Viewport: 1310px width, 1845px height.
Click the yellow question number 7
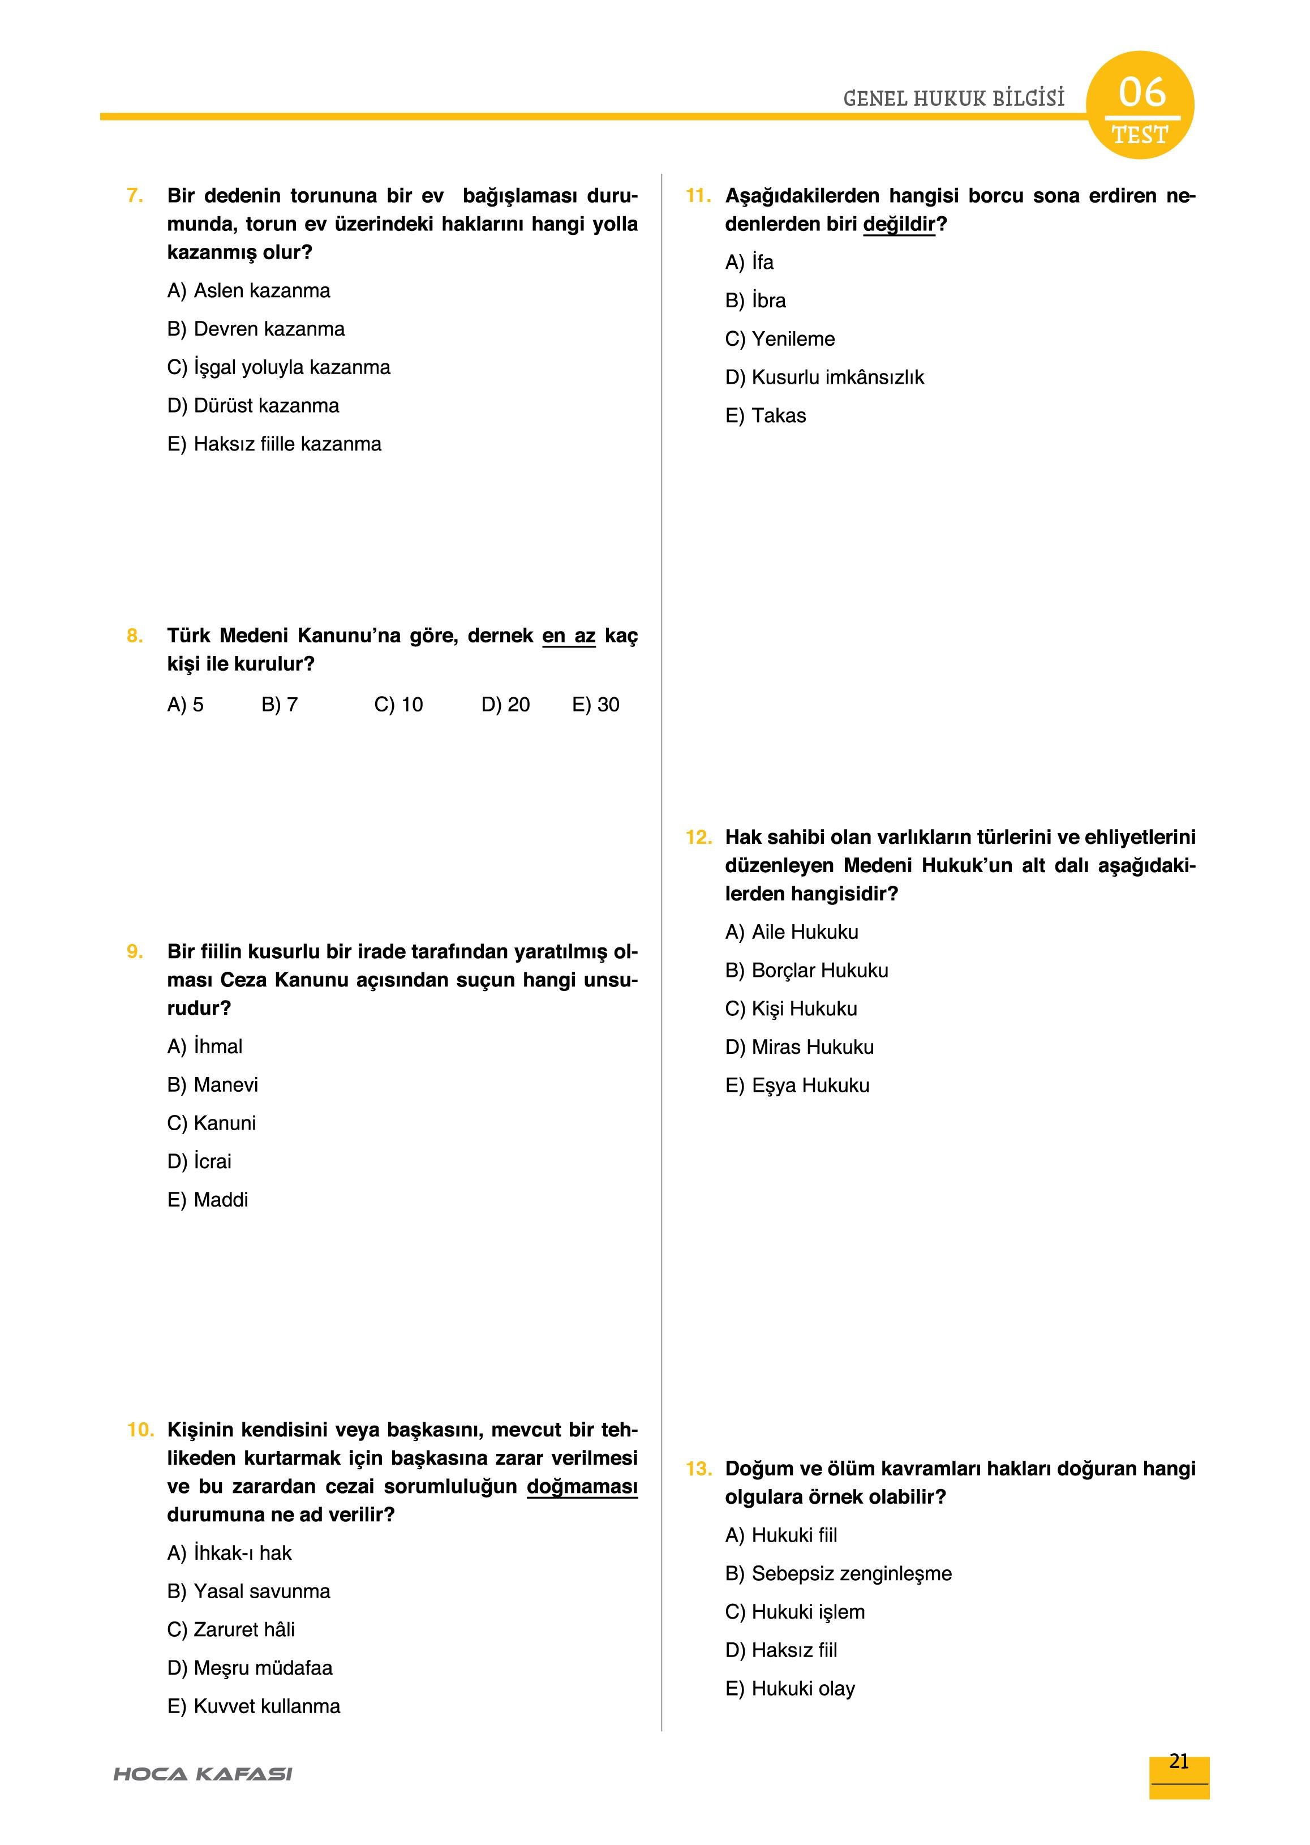point(135,196)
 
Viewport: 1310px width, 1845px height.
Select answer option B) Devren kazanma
point(256,329)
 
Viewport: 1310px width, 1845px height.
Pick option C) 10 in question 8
point(398,705)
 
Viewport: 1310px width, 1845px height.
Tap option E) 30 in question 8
point(595,705)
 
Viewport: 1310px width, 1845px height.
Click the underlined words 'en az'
point(569,637)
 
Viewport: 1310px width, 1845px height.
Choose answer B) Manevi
point(212,1085)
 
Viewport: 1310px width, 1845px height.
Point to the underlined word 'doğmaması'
point(582,1487)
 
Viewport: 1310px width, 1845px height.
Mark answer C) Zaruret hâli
point(231,1629)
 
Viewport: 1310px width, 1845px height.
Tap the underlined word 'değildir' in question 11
point(899,224)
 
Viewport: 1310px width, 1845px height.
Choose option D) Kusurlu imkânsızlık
point(824,377)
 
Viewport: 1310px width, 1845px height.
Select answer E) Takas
point(766,417)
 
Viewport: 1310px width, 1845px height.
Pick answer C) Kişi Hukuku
point(791,1009)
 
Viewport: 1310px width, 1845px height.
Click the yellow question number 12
point(698,838)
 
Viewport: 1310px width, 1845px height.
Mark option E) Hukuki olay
point(790,1688)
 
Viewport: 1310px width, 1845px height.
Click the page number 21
point(1179,1762)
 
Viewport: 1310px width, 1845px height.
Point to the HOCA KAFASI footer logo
point(203,1774)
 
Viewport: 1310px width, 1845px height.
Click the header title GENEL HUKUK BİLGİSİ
point(953,98)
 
